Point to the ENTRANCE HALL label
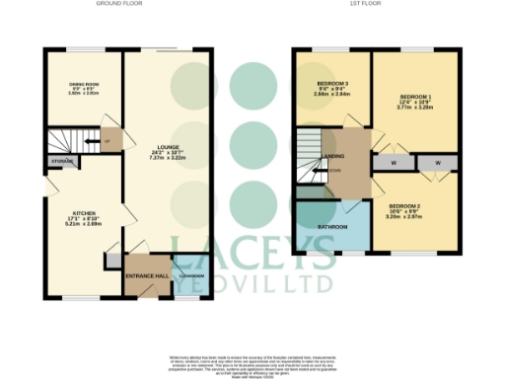[x=145, y=275]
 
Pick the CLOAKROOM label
[x=185, y=275]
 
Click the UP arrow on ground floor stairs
[x=106, y=140]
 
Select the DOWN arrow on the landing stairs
[x=336, y=169]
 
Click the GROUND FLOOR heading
[x=120, y=5]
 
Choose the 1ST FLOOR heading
[x=377, y=5]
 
